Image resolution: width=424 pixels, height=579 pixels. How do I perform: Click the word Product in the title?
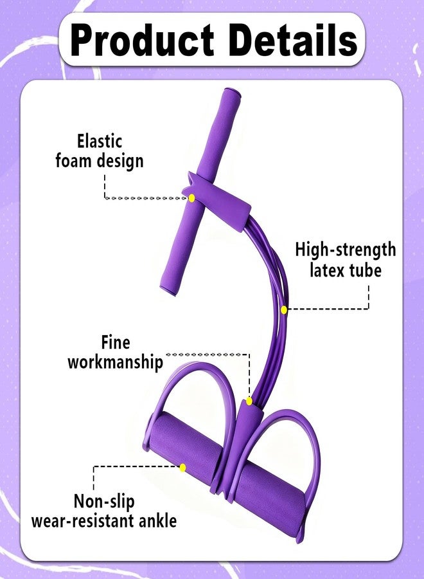[143, 40]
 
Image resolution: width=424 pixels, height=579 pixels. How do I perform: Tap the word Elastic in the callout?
[99, 141]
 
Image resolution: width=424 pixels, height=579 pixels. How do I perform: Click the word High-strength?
[346, 250]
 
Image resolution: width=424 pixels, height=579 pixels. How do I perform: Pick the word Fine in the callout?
[116, 342]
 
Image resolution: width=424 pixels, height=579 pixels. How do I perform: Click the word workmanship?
[115, 362]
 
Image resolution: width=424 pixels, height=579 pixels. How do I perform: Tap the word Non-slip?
[104, 501]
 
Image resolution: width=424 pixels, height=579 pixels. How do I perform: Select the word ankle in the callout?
[158, 520]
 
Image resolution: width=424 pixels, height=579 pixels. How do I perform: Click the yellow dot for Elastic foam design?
[191, 198]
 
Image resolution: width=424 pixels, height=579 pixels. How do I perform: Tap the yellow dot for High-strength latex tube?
[283, 310]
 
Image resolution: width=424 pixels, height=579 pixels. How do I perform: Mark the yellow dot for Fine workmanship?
[249, 401]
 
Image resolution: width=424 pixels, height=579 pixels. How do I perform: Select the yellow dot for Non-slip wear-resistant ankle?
[182, 468]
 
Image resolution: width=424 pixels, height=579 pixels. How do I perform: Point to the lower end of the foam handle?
[168, 290]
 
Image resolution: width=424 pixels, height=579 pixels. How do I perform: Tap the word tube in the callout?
[366, 270]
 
